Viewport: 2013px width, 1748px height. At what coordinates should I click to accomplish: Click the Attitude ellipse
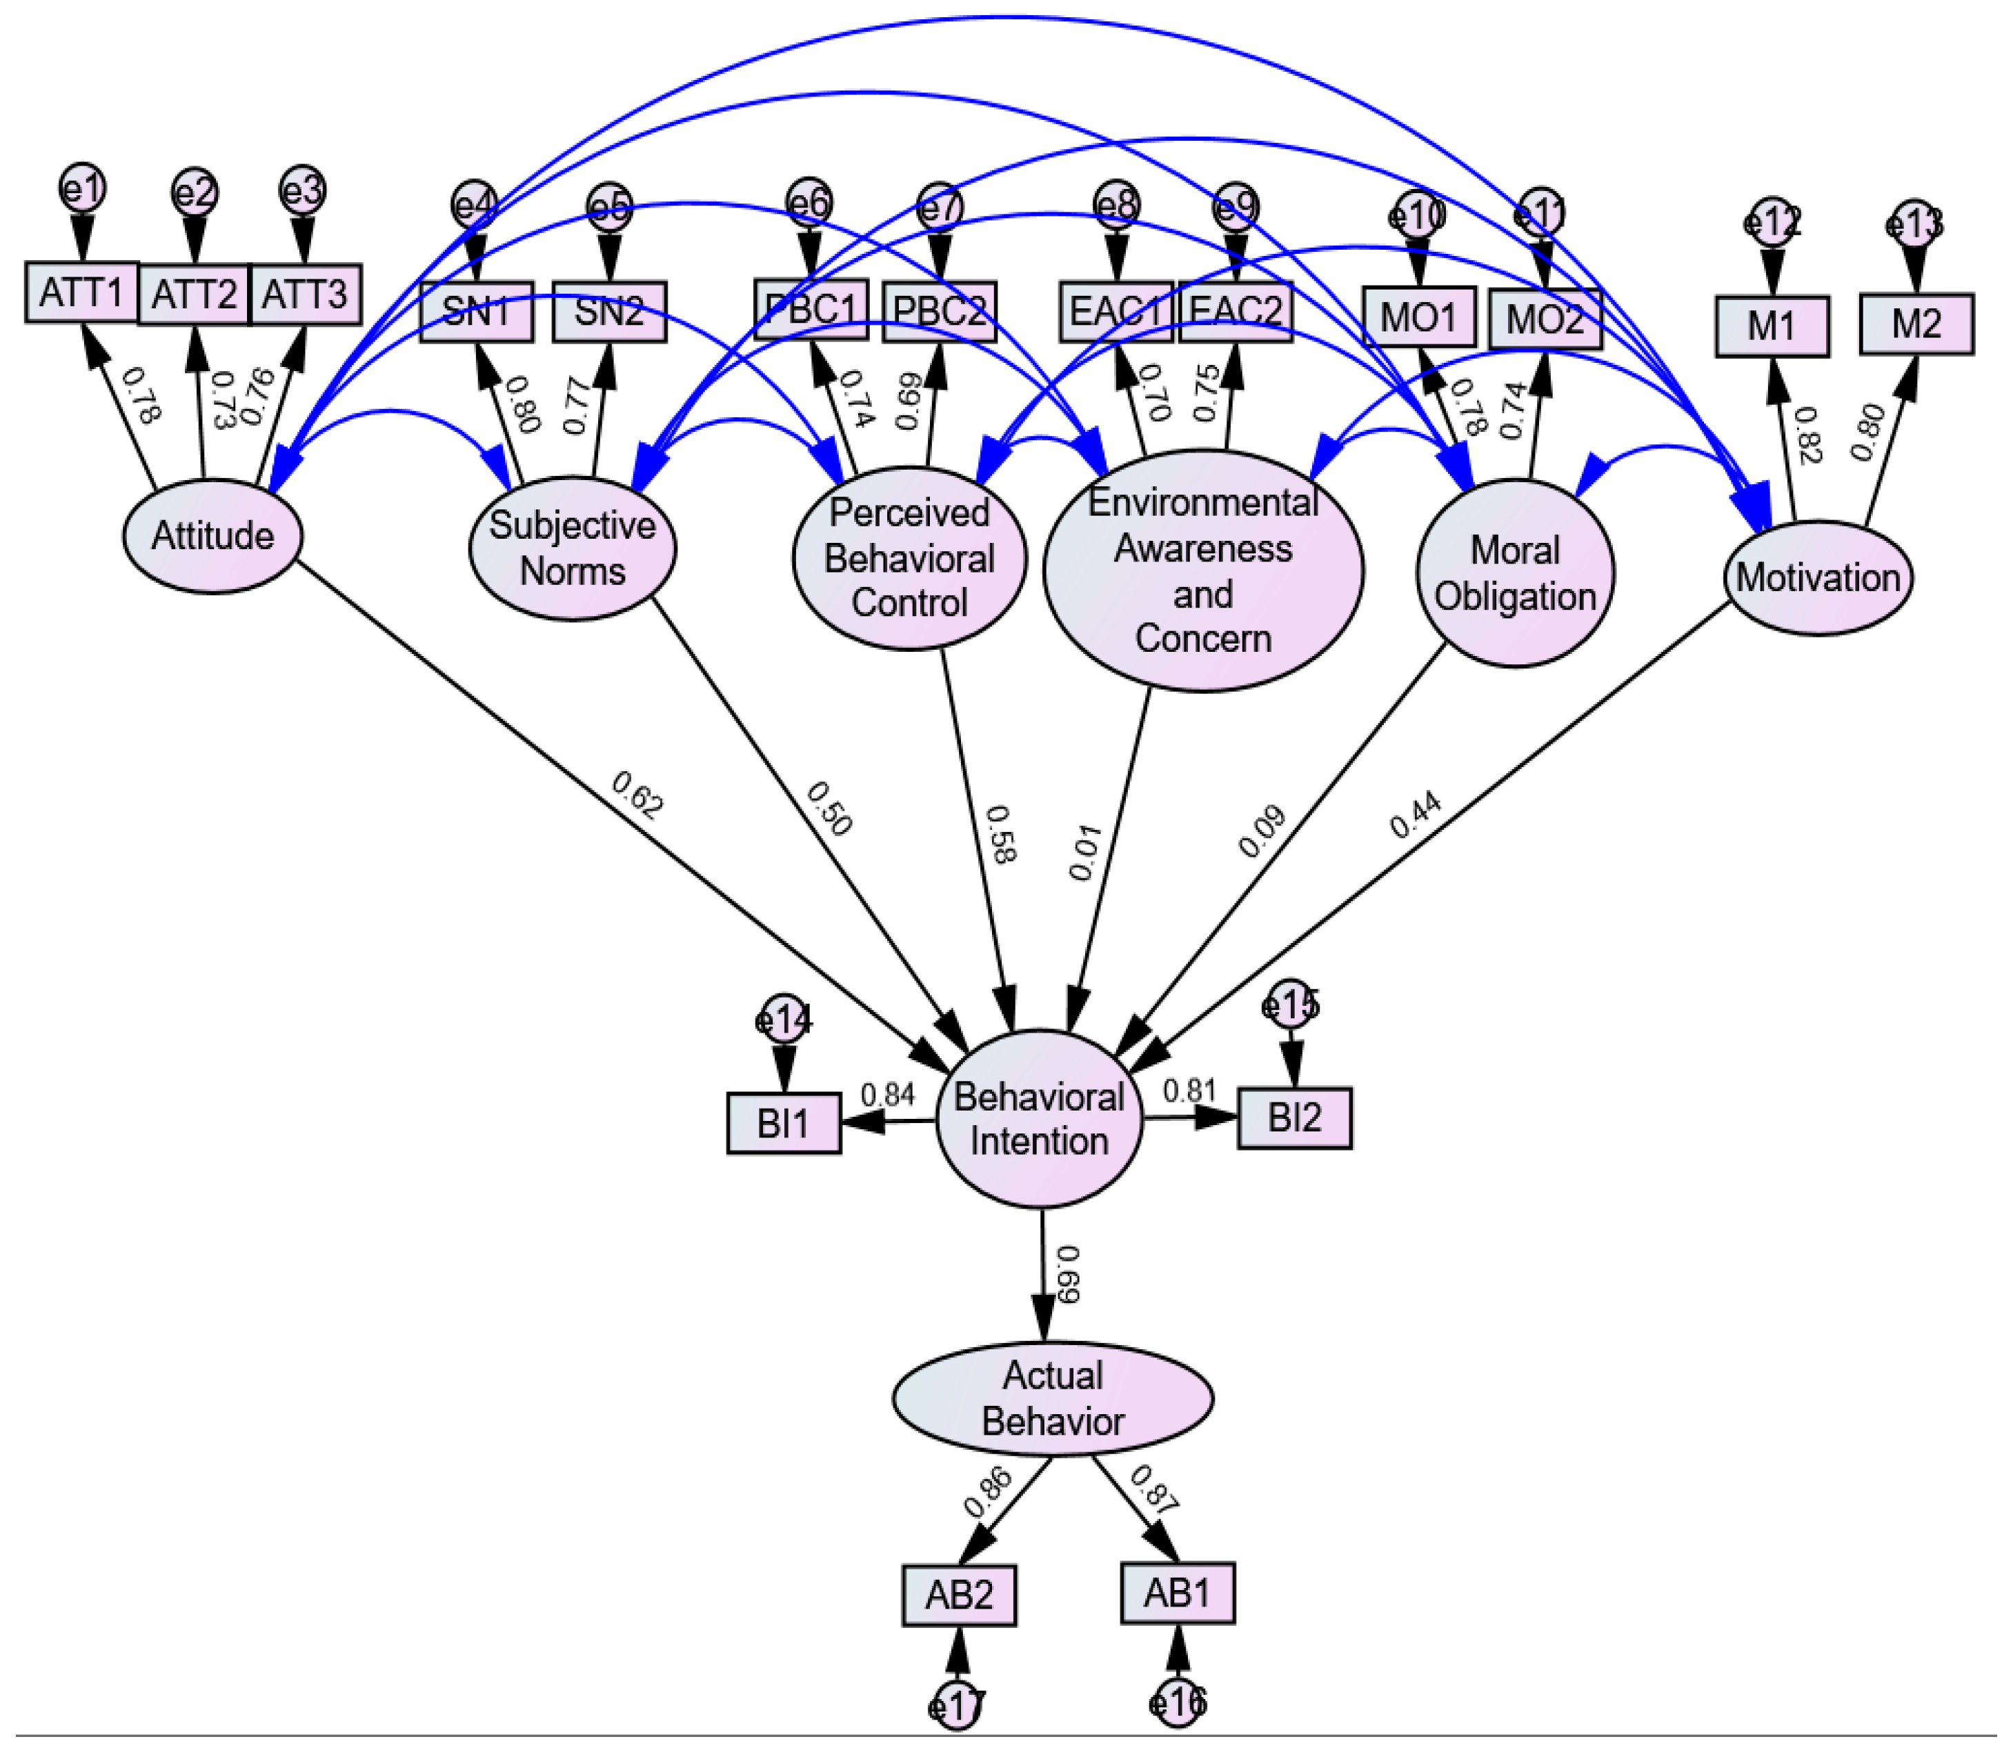[x=212, y=535]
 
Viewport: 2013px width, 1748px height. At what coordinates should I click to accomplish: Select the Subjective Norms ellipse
[x=573, y=548]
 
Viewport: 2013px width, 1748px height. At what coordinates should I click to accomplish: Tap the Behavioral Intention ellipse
[x=1039, y=1119]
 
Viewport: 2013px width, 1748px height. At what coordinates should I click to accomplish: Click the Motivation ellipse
[x=1818, y=577]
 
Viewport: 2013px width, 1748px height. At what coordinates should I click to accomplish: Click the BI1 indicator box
[x=783, y=1123]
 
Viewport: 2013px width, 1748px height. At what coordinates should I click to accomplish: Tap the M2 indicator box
[x=1916, y=324]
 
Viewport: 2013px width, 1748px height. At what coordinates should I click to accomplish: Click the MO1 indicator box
[x=1418, y=317]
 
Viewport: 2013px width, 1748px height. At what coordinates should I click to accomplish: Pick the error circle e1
[x=82, y=188]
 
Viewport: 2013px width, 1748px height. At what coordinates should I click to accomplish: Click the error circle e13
[x=1914, y=224]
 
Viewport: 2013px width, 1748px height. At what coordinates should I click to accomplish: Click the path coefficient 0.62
[x=638, y=794]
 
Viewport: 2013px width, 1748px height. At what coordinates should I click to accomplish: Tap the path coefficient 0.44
[x=1414, y=815]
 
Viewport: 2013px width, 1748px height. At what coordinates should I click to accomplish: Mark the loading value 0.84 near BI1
[x=888, y=1095]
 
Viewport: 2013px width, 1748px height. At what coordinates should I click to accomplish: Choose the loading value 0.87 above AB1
[x=1153, y=1489]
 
